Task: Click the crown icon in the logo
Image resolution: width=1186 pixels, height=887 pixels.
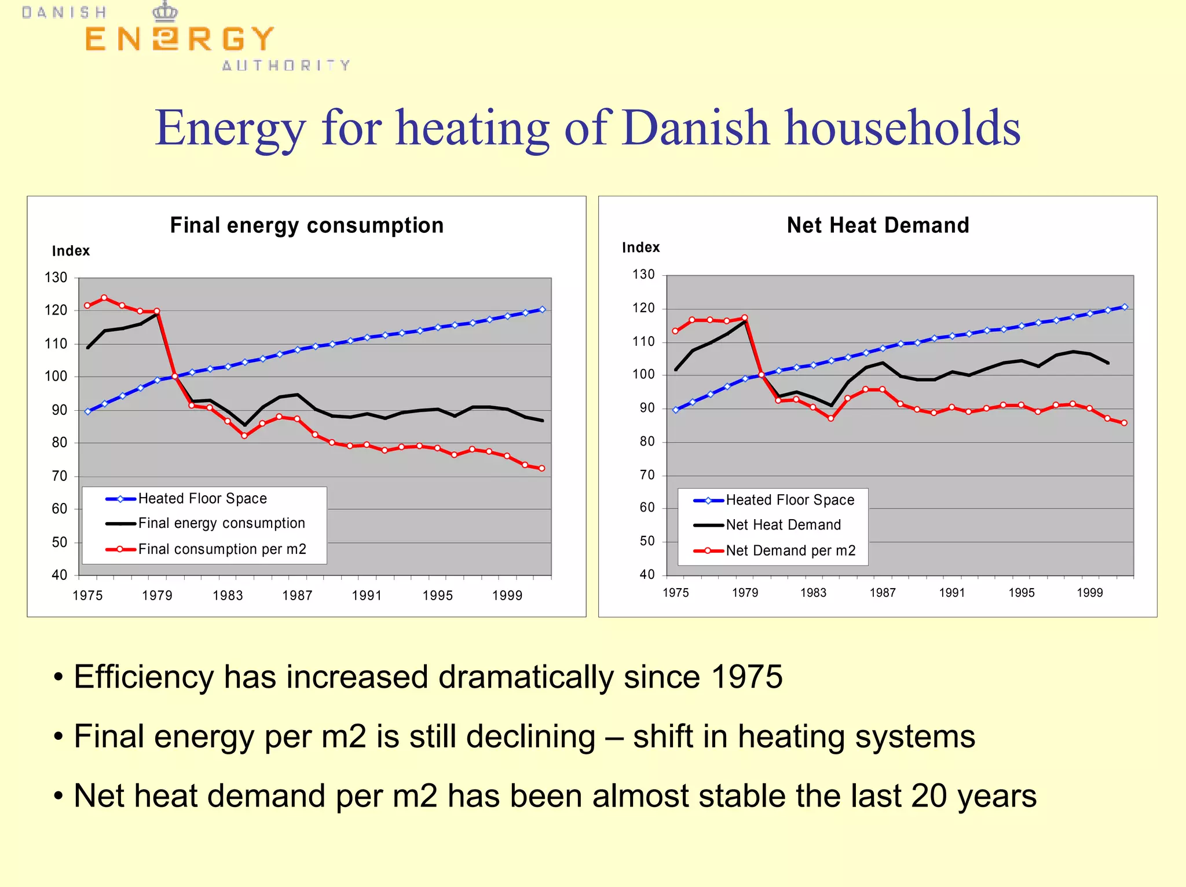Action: point(165,12)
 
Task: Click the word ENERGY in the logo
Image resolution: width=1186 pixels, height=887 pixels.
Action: point(179,39)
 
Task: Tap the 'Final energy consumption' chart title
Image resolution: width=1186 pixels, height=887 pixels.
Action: point(306,225)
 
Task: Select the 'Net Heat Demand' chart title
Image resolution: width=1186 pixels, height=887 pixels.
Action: point(877,225)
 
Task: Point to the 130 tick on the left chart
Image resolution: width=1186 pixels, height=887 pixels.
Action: point(56,278)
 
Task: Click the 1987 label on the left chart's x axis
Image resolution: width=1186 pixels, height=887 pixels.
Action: point(297,596)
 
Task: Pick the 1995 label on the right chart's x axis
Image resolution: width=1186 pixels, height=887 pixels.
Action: point(1021,593)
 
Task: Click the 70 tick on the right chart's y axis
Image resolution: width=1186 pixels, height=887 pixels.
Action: point(647,475)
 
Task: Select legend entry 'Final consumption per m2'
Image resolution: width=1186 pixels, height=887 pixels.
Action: point(222,549)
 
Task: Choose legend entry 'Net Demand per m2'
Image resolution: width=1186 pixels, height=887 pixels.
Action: point(790,550)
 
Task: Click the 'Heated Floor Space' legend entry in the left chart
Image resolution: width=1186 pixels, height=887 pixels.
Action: point(202,499)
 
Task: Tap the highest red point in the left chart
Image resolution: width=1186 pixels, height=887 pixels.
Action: point(104,298)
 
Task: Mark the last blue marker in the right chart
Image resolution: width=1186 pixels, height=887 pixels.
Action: point(1125,307)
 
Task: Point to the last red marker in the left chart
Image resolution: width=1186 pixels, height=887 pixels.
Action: point(542,468)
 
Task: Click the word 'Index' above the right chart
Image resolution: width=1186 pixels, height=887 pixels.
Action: point(640,247)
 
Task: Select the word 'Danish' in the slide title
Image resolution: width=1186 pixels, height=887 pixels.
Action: point(695,127)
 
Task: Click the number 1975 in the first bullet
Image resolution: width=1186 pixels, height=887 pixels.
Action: point(746,677)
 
